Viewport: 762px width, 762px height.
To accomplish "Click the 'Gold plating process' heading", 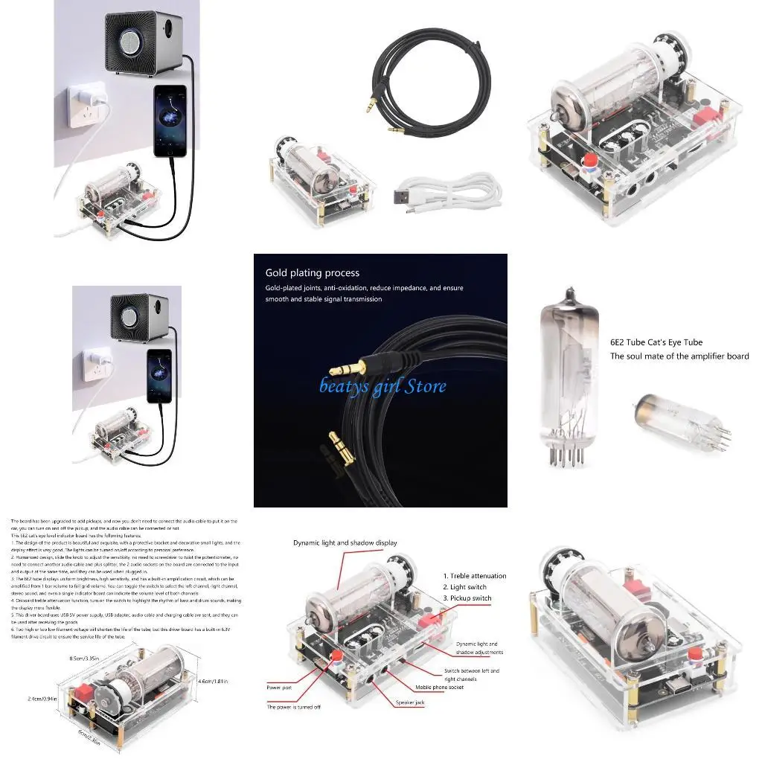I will [312, 273].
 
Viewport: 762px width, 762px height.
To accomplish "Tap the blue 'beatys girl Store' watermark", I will [383, 386].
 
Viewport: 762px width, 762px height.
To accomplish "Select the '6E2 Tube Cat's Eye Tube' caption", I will [656, 342].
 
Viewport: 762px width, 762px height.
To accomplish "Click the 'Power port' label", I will [279, 688].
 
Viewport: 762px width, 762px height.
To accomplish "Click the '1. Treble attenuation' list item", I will [474, 576].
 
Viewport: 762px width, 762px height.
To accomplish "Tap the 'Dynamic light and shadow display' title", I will [345, 543].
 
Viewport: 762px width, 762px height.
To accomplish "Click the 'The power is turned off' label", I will [293, 707].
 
